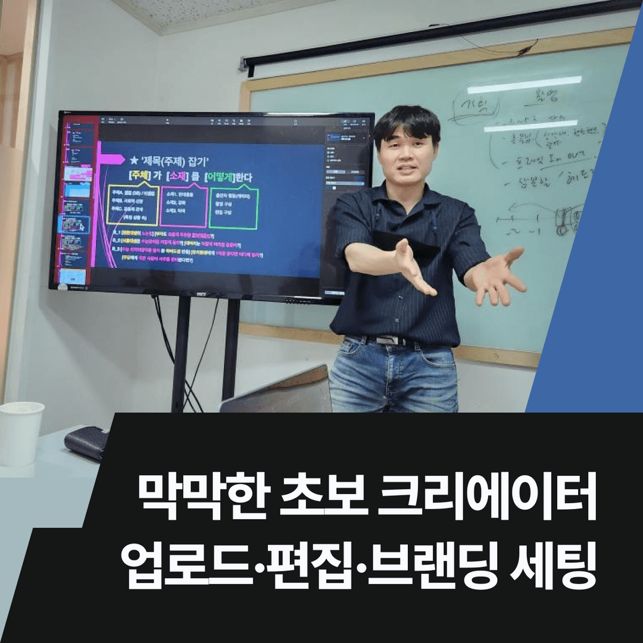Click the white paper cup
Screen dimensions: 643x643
click(21, 433)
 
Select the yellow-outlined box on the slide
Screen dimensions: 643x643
click(133, 204)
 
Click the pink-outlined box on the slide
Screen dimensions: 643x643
click(183, 205)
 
